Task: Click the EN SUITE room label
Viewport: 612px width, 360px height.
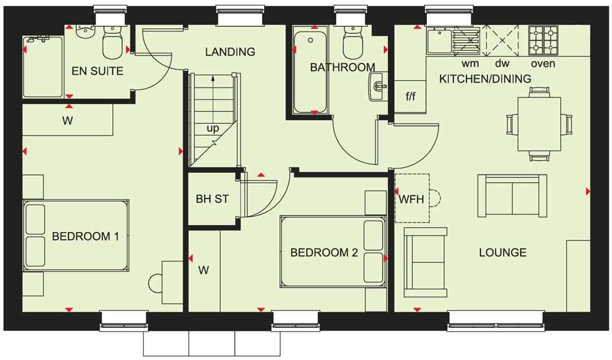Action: [97, 71]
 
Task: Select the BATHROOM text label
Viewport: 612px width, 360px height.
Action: [342, 67]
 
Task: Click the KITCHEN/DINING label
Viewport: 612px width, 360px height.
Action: [485, 79]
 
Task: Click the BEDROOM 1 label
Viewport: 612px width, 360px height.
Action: [85, 236]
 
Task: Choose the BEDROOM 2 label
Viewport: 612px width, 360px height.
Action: [324, 252]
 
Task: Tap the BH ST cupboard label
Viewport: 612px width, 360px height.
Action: [212, 199]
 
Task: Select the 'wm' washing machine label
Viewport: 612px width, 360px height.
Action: [469, 63]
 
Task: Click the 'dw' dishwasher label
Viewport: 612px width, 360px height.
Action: [502, 63]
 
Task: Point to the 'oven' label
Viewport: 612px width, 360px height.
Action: [543, 63]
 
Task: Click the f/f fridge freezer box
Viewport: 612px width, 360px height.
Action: [410, 97]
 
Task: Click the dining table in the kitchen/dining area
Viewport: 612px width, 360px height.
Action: [539, 123]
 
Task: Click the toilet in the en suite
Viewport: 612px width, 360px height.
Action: [112, 43]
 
